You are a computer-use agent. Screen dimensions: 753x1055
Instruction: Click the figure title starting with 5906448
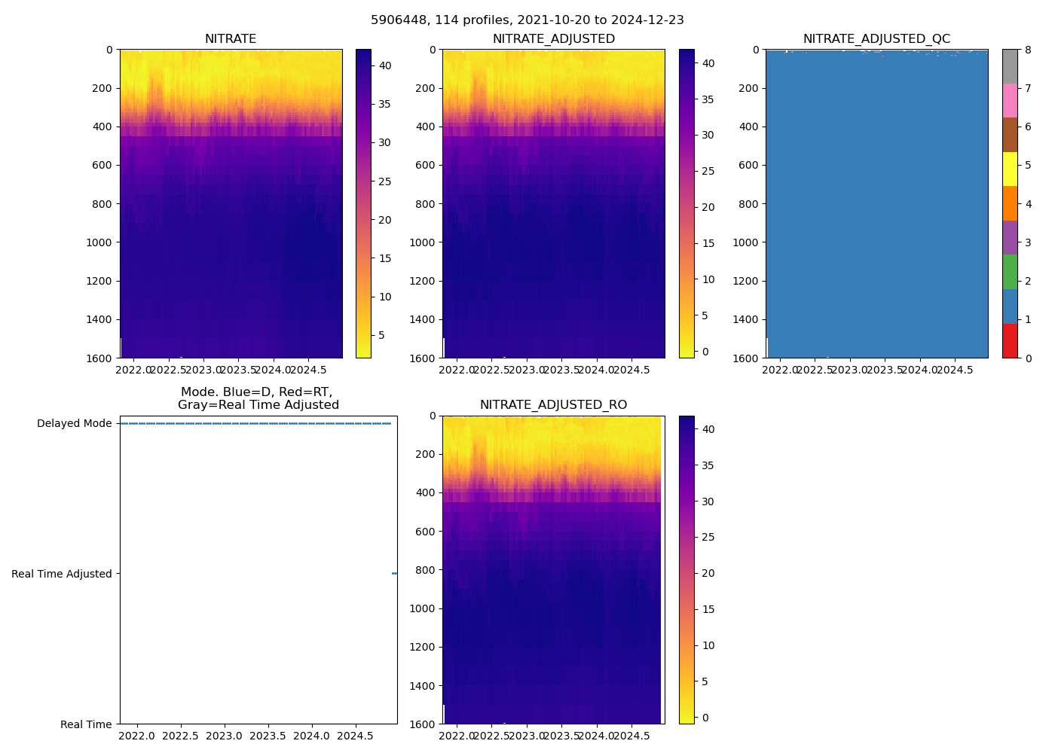[x=527, y=20]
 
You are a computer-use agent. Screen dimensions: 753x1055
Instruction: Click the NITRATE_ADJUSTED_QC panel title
[x=876, y=39]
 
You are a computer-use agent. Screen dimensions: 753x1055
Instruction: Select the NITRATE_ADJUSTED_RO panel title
[x=553, y=405]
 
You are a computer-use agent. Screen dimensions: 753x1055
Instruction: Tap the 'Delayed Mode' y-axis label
[x=74, y=423]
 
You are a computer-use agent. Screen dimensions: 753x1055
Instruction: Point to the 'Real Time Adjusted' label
[x=62, y=574]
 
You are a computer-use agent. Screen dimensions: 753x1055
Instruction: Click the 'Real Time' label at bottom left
[x=86, y=724]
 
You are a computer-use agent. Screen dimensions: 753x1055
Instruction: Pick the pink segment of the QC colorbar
[x=1010, y=100]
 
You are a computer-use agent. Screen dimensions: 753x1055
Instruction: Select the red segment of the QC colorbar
[x=1010, y=340]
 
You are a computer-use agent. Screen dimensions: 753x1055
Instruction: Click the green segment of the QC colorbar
[x=1010, y=272]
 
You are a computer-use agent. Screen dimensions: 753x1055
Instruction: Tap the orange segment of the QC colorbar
[x=1010, y=203]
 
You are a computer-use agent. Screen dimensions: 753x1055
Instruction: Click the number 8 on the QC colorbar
[x=1028, y=50]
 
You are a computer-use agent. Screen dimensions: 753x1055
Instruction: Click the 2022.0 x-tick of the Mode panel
[x=137, y=736]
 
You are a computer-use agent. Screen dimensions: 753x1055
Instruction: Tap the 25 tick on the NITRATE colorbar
[x=384, y=181]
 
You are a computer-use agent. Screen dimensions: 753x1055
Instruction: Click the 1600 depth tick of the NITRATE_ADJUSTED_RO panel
[x=422, y=724]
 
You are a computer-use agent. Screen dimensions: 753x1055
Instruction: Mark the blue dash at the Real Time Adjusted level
[x=394, y=574]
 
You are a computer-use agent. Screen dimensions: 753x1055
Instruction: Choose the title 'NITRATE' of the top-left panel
[x=231, y=39]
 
